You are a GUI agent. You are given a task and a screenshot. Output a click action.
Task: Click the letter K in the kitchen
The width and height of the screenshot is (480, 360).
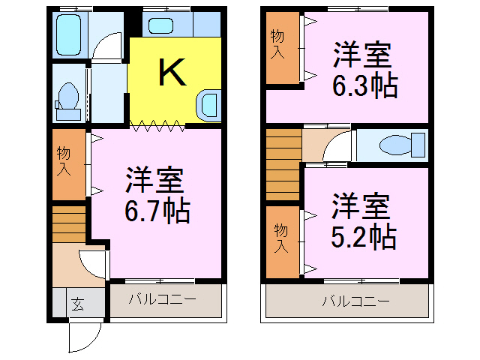click(172, 72)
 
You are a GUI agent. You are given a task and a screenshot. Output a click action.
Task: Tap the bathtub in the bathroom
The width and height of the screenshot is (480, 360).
click(72, 34)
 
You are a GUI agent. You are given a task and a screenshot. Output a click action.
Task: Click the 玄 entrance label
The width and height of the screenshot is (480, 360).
click(77, 304)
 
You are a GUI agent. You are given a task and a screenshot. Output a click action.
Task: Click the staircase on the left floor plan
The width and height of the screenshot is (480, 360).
click(70, 223)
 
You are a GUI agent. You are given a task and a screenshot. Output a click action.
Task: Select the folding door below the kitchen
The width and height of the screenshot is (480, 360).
click(157, 126)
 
